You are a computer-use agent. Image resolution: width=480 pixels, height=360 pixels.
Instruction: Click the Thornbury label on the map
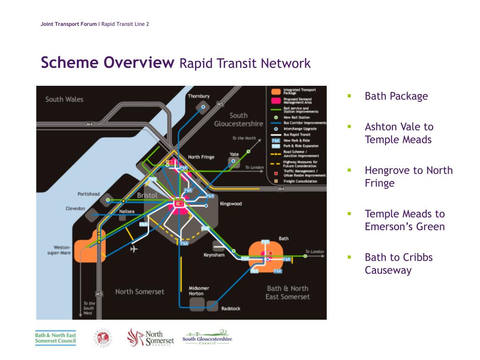coord(199,96)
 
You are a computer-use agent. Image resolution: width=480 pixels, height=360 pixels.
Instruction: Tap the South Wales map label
coord(64,99)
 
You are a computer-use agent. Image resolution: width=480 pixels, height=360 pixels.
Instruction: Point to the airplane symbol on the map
coord(135,248)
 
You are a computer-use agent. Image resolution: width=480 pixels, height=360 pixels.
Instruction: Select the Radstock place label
coord(231,308)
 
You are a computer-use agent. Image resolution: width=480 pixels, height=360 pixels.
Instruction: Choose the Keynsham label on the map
coord(214,255)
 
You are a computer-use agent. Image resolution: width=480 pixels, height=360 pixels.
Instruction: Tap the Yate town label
coord(234,154)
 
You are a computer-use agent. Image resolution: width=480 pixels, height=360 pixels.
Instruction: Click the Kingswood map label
coord(231,204)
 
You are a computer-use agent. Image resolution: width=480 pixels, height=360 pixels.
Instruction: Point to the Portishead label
coord(89,194)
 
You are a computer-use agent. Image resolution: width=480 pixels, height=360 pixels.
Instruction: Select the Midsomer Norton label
coord(199,291)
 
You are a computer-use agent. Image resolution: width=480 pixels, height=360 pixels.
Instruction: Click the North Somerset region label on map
coord(140,292)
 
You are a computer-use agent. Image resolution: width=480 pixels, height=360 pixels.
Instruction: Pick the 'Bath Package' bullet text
coord(396,96)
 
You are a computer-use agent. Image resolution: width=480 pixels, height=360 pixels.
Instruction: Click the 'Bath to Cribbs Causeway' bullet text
coord(398,263)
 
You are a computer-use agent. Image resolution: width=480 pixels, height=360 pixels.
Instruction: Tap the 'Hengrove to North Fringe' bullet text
coord(408,176)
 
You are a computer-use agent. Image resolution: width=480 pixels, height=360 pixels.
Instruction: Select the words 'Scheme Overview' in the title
coord(107,63)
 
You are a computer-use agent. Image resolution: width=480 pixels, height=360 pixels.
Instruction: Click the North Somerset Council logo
coord(150,337)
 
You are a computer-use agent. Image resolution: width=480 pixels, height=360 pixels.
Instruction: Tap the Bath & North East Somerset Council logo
coord(55,338)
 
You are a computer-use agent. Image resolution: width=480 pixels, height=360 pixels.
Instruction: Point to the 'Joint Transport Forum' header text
coord(68,24)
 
